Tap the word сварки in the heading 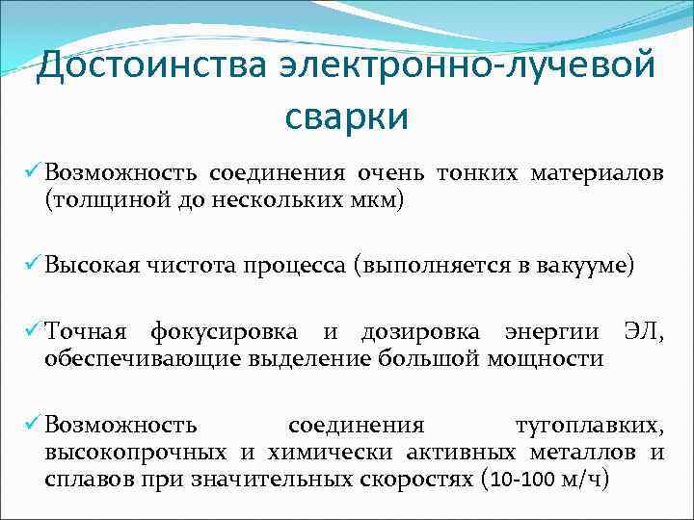pos(347,117)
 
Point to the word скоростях pos(413,479)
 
